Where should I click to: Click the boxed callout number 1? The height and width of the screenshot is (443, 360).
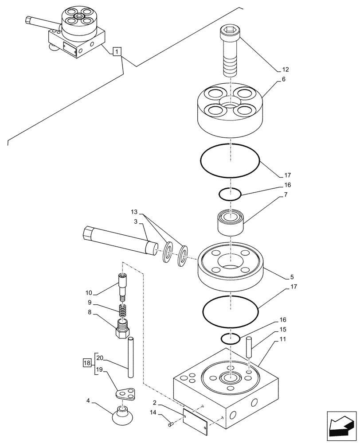[116, 52]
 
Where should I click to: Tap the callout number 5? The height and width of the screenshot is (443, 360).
[291, 277]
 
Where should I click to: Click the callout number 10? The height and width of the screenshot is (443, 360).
[89, 293]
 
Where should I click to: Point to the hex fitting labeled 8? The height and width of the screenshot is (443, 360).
[123, 329]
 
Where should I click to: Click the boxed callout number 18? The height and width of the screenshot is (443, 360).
[86, 362]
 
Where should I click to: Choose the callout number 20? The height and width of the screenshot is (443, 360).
[100, 358]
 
